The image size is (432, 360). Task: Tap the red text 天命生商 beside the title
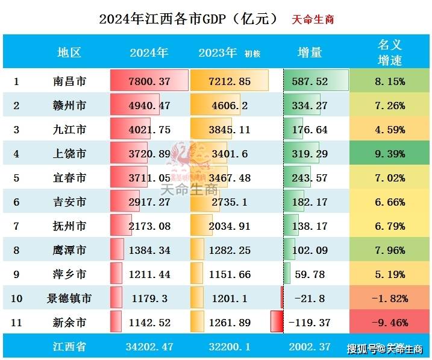(x=313, y=19)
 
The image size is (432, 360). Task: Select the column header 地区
(x=69, y=52)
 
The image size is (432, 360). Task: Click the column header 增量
(x=310, y=52)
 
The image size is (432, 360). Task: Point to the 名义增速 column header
(x=390, y=52)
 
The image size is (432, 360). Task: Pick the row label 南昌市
(x=69, y=81)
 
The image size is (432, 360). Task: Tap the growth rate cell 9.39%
(x=390, y=154)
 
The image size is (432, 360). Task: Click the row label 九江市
(x=69, y=130)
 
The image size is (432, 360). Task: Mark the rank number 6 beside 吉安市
(x=17, y=202)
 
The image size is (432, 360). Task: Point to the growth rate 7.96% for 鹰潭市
(x=390, y=250)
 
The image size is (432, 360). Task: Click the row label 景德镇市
(x=69, y=298)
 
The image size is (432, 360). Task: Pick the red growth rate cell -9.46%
(x=390, y=323)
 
